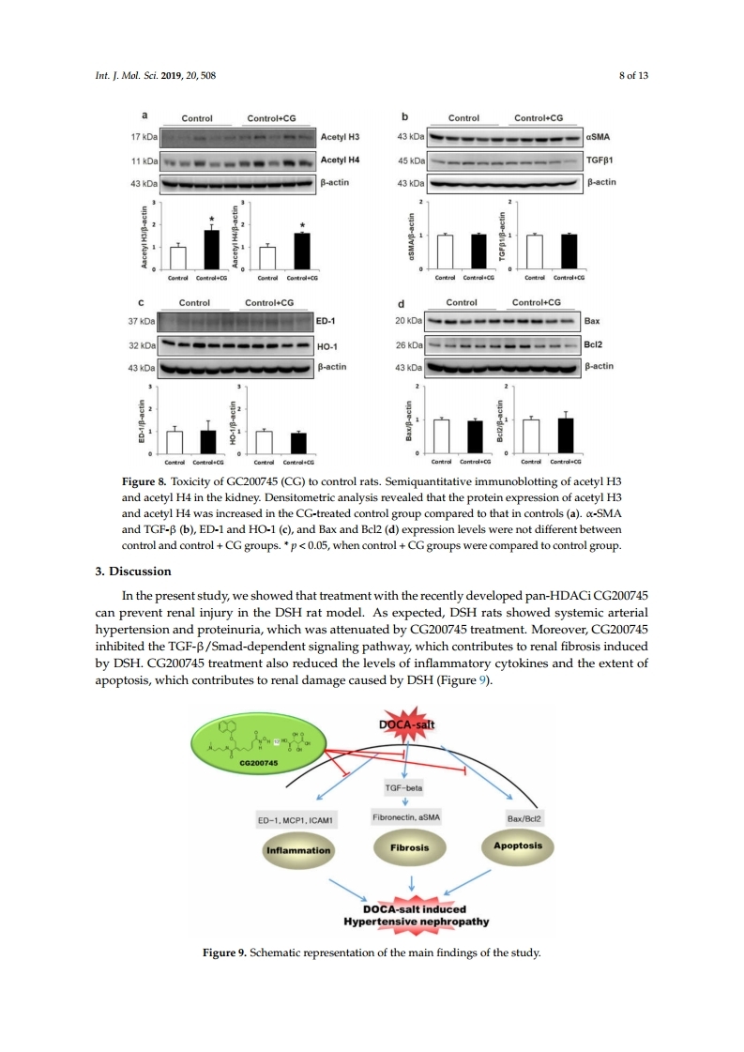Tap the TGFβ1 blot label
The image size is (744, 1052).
(600, 160)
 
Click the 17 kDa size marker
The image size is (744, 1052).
(144, 137)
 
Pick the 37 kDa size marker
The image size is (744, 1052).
(144, 321)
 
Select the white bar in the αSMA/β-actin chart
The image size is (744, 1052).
(445, 251)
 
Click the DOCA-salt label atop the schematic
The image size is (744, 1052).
(407, 725)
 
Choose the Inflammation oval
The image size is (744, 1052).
(299, 850)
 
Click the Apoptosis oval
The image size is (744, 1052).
(519, 846)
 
